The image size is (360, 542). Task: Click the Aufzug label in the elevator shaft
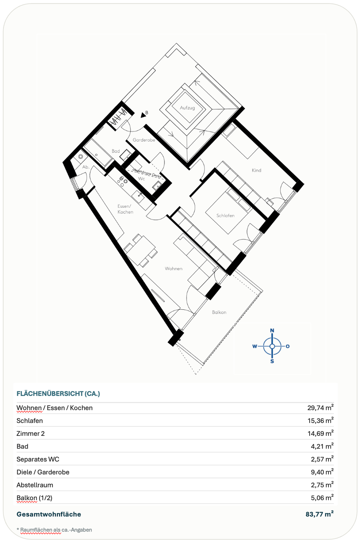click(x=187, y=108)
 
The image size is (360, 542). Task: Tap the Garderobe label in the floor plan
click(x=144, y=140)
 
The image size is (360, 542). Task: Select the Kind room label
click(x=257, y=171)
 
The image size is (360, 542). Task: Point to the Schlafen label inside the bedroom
click(x=225, y=215)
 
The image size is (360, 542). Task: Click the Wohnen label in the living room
click(x=173, y=269)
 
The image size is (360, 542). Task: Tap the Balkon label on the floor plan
click(x=219, y=312)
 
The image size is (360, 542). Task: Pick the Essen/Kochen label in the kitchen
click(x=125, y=209)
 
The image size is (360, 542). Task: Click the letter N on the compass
click(x=272, y=330)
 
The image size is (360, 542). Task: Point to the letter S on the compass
click(x=272, y=361)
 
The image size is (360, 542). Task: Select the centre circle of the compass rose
click(x=272, y=346)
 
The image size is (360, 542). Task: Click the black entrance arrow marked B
click(x=144, y=116)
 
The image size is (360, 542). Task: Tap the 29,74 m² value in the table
click(x=321, y=408)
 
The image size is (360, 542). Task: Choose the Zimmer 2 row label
click(x=30, y=433)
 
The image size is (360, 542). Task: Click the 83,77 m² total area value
click(x=320, y=514)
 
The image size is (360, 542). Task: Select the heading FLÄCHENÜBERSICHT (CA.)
click(x=58, y=394)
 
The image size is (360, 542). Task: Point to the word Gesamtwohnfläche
click(x=49, y=514)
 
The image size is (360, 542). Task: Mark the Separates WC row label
click(x=38, y=459)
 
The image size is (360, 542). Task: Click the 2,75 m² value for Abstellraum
click(x=322, y=485)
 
